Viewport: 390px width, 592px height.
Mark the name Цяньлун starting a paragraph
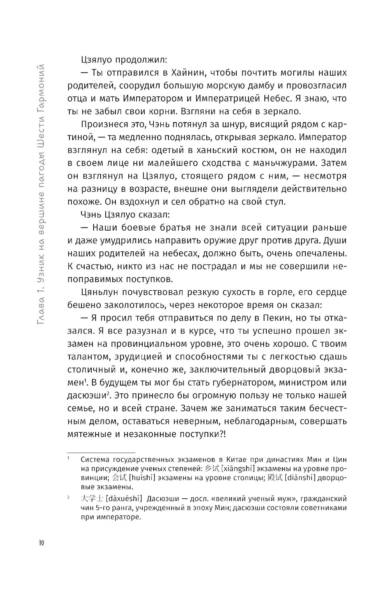[x=102, y=292]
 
